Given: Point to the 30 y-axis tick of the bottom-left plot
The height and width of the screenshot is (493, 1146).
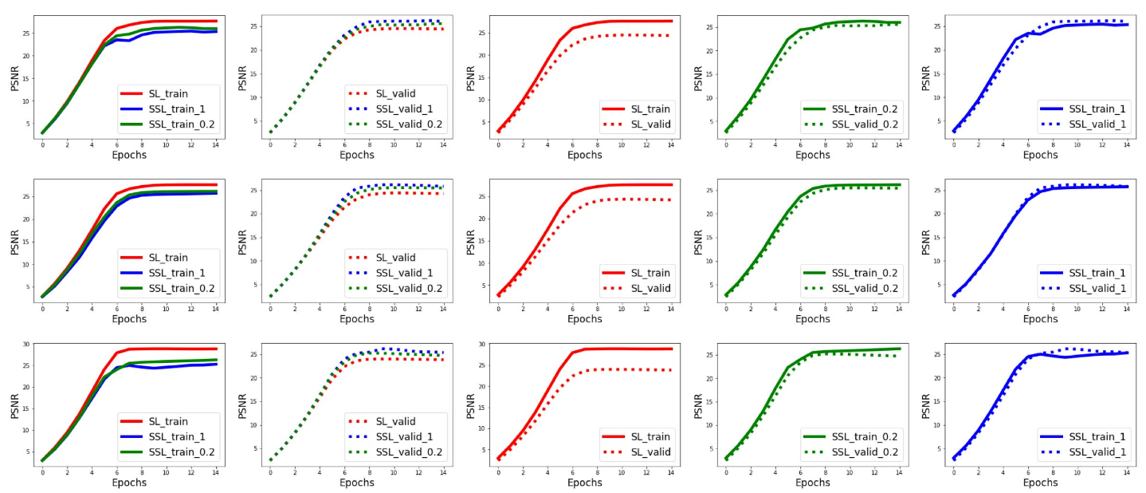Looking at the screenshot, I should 26,345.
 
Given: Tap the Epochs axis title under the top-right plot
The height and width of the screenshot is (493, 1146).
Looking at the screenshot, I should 1040,155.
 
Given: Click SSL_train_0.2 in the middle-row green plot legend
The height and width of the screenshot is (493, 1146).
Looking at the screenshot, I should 864,273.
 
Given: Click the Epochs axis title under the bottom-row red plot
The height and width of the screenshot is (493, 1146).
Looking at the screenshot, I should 585,483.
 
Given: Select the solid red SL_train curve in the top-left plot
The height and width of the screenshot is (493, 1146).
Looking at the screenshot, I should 104,41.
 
